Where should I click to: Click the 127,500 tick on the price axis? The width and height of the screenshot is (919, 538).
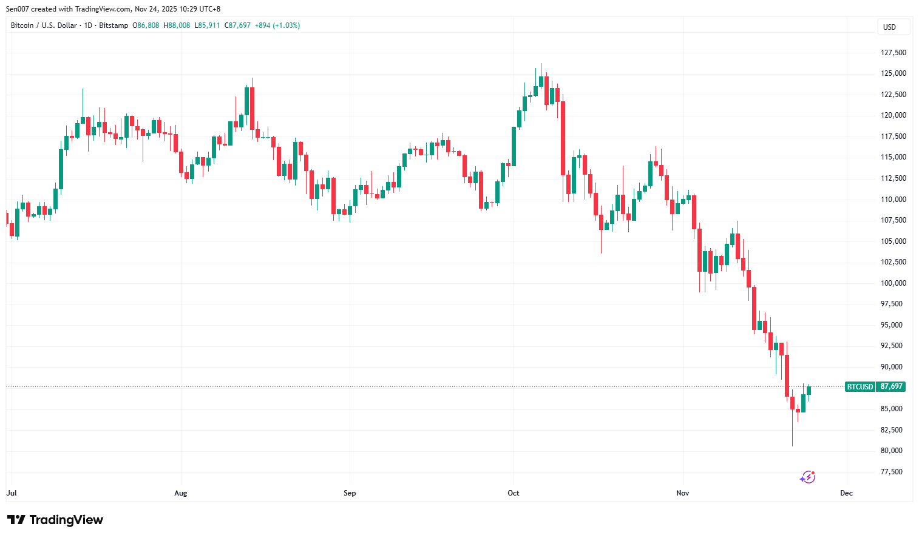pyautogui.click(x=893, y=53)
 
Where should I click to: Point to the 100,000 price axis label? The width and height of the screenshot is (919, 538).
pyautogui.click(x=893, y=283)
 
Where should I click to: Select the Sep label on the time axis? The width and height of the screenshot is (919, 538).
pyautogui.click(x=350, y=493)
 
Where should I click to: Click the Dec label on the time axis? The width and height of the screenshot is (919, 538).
pyautogui.click(x=846, y=493)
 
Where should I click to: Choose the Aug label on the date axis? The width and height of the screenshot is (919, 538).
pyautogui.click(x=180, y=493)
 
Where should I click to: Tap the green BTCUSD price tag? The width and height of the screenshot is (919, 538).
pyautogui.click(x=860, y=386)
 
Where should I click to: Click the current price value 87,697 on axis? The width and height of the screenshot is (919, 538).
pyautogui.click(x=891, y=386)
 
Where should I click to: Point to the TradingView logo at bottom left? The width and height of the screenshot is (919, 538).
pyautogui.click(x=55, y=520)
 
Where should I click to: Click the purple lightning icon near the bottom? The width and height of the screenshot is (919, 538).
pyautogui.click(x=807, y=477)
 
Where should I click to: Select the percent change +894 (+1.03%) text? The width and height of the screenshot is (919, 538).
pyautogui.click(x=277, y=25)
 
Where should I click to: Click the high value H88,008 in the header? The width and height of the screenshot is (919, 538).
pyautogui.click(x=177, y=25)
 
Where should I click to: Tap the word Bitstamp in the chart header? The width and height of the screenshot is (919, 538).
pyautogui.click(x=114, y=25)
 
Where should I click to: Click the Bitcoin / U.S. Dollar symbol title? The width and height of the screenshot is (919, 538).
pyautogui.click(x=44, y=25)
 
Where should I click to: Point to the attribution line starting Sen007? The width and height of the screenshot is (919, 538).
pyautogui.click(x=113, y=9)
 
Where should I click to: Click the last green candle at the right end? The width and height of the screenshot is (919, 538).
pyautogui.click(x=809, y=390)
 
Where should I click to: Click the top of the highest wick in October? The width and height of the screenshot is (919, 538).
pyautogui.click(x=541, y=64)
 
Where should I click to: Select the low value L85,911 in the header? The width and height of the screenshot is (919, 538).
pyautogui.click(x=207, y=25)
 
